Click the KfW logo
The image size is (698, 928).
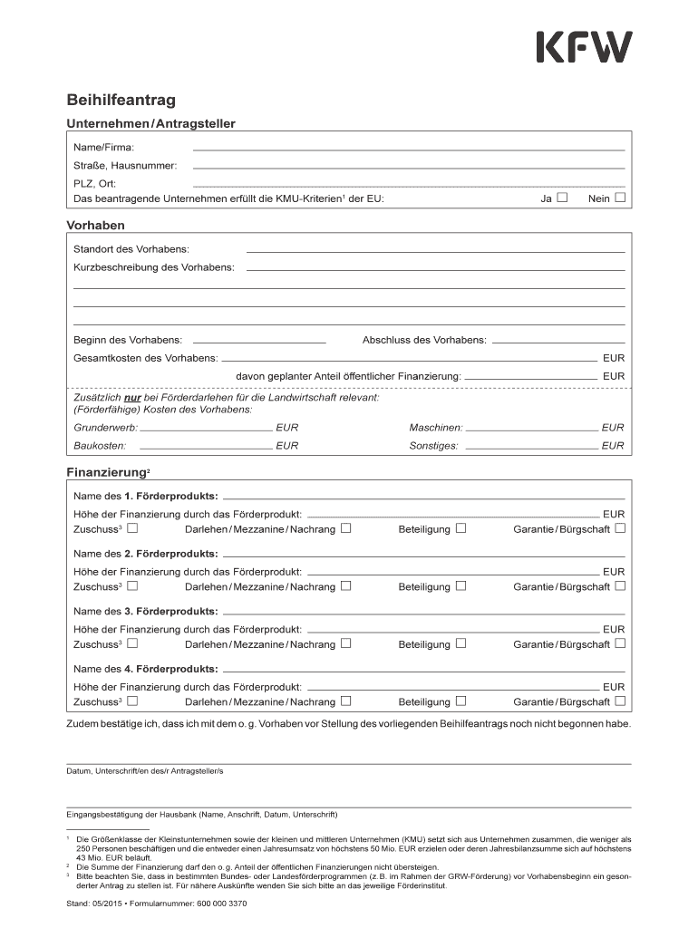pos(584,47)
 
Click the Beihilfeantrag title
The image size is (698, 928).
pos(121,100)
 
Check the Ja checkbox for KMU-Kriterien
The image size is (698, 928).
pos(562,198)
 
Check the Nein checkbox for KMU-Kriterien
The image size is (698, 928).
pos(620,198)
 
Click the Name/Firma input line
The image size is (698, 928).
pos(408,147)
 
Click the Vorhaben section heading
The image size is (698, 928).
pos(95,225)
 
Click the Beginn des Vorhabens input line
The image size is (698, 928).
pos(258,341)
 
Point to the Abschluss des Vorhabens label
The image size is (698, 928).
pos(424,341)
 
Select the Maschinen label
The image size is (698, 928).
pos(436,427)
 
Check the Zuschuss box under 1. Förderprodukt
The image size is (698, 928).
pos(132,527)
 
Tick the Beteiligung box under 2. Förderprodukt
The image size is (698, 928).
pos(460,585)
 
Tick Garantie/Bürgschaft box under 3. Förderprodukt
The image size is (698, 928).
pos(620,643)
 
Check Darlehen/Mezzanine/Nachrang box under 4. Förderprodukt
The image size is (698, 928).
pos(345,701)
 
